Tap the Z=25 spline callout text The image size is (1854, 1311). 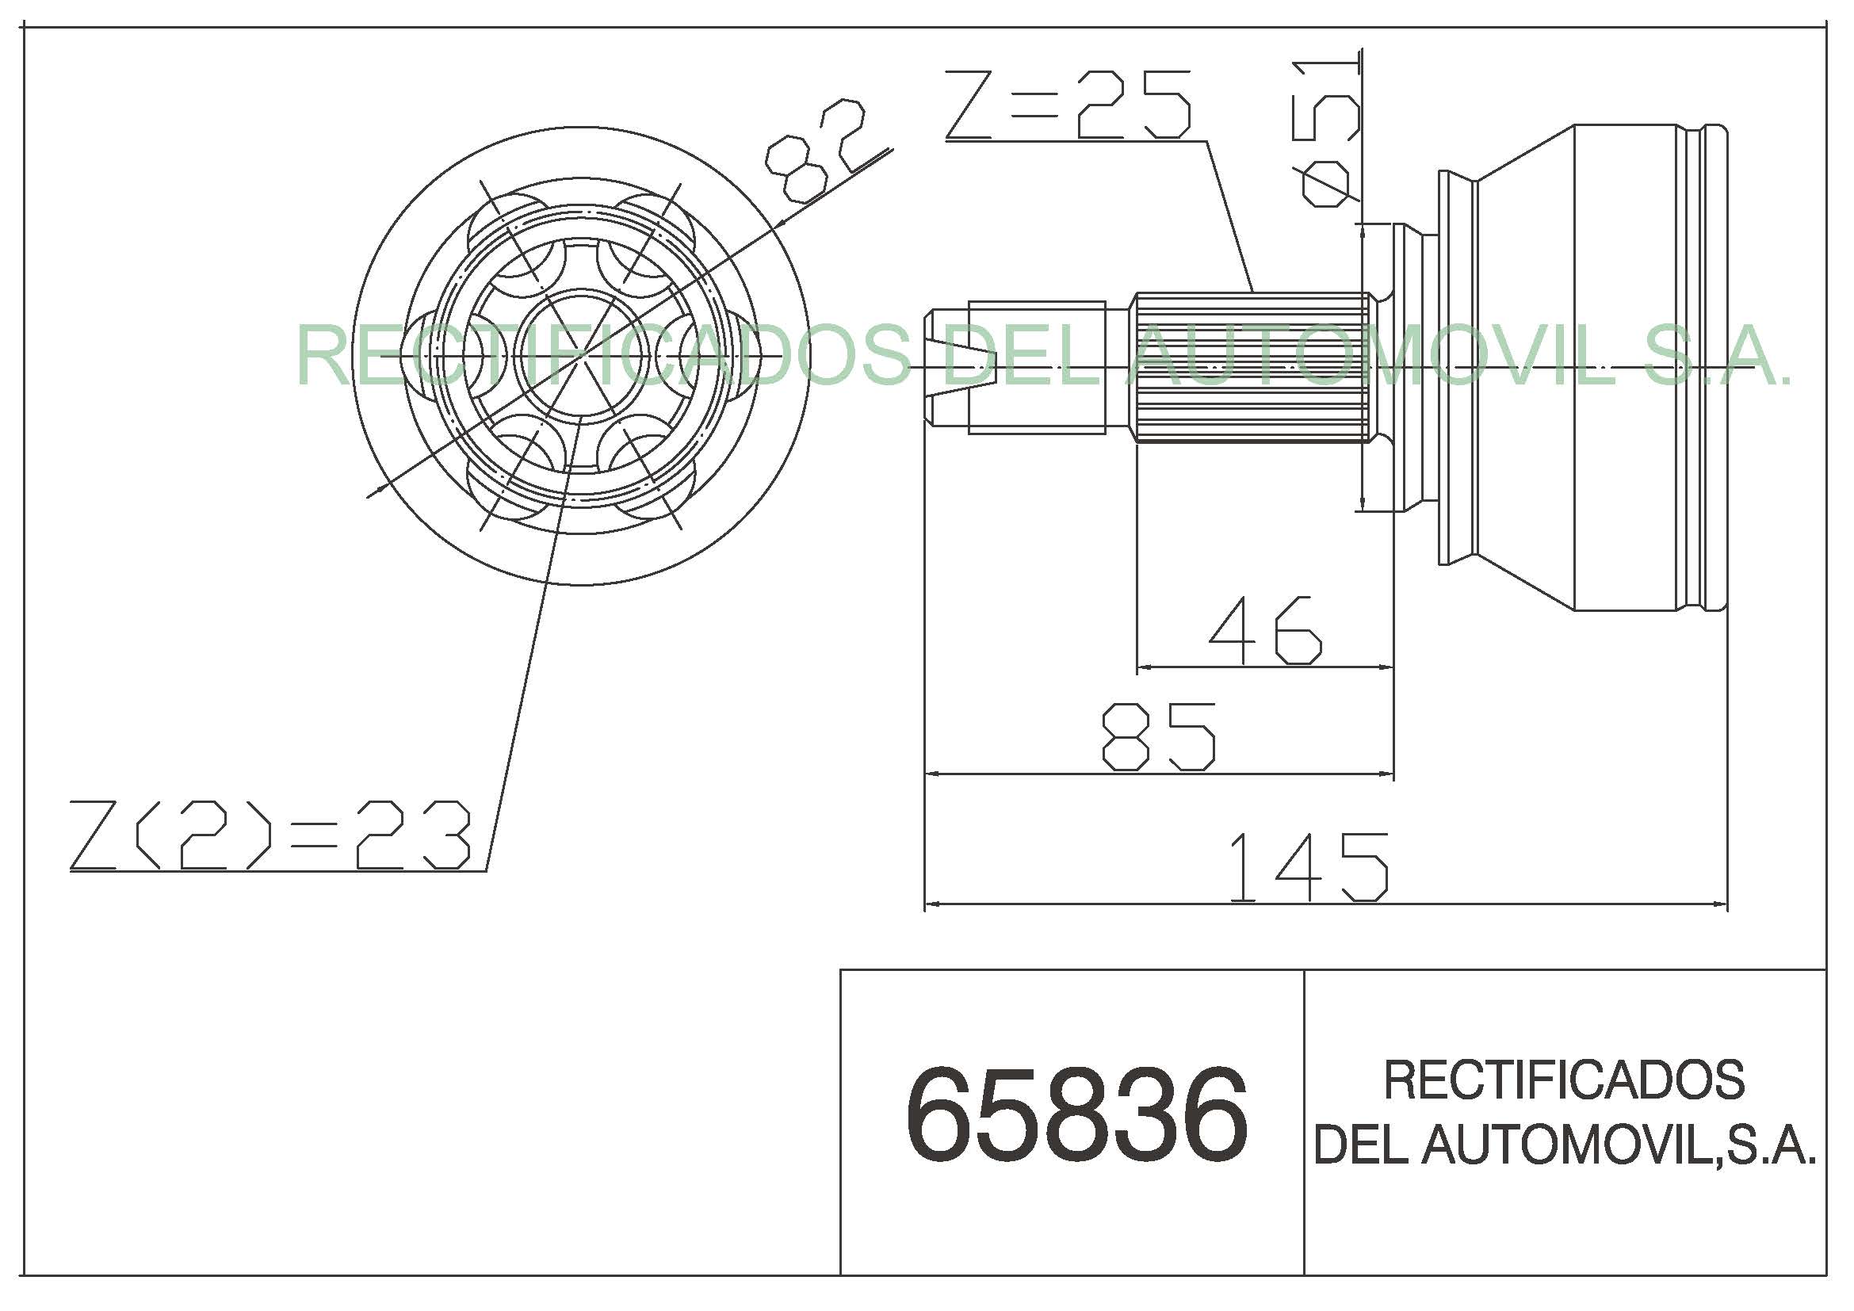tap(1068, 105)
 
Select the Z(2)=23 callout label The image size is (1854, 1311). tap(269, 835)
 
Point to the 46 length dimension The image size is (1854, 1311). tap(1265, 630)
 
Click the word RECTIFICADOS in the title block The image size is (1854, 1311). tap(1564, 1081)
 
